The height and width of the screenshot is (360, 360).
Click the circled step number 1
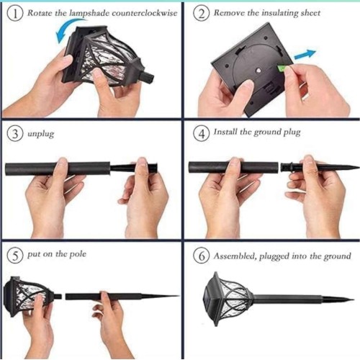pyautogui.click(x=15, y=14)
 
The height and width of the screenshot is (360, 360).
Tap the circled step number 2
pyautogui.click(x=202, y=14)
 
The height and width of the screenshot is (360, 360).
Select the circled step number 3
pyautogui.click(x=15, y=134)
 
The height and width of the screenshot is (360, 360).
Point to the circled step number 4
pyautogui.click(x=202, y=133)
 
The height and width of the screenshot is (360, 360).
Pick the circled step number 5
pyautogui.click(x=15, y=256)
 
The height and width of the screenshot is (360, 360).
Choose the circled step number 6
pyautogui.click(x=202, y=256)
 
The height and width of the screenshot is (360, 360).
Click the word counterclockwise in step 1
pyautogui.click(x=145, y=13)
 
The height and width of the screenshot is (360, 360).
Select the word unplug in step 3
pyautogui.click(x=40, y=134)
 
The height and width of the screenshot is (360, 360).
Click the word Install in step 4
pyautogui.click(x=225, y=132)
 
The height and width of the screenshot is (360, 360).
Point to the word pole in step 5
pyautogui.click(x=78, y=254)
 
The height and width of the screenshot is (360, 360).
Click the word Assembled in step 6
pyautogui.click(x=235, y=256)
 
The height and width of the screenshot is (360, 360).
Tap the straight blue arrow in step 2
pyautogui.click(x=305, y=54)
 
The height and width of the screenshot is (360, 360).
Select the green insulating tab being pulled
pyautogui.click(x=282, y=68)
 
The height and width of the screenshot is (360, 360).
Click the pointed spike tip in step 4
pyautogui.click(x=359, y=166)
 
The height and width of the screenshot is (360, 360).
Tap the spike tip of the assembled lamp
pyautogui.click(x=354, y=300)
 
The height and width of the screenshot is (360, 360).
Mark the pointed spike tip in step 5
pyautogui.click(x=179, y=296)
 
